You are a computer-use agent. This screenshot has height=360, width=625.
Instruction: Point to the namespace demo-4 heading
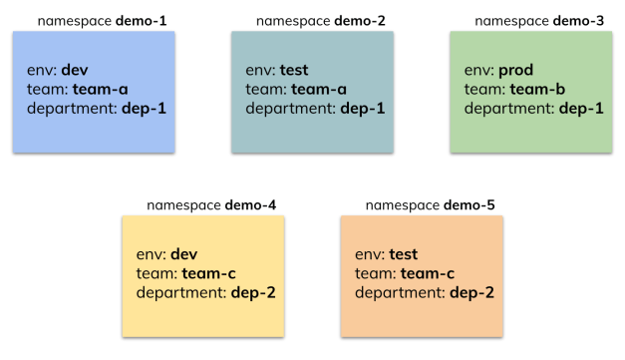pos(210,205)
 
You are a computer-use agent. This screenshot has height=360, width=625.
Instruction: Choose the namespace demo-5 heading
pos(430,205)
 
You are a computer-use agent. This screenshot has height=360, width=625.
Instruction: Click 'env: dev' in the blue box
pos(59,71)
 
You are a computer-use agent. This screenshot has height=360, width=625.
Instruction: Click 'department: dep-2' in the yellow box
pos(205,292)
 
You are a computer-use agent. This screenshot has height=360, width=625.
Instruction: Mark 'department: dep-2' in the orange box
pos(425,292)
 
